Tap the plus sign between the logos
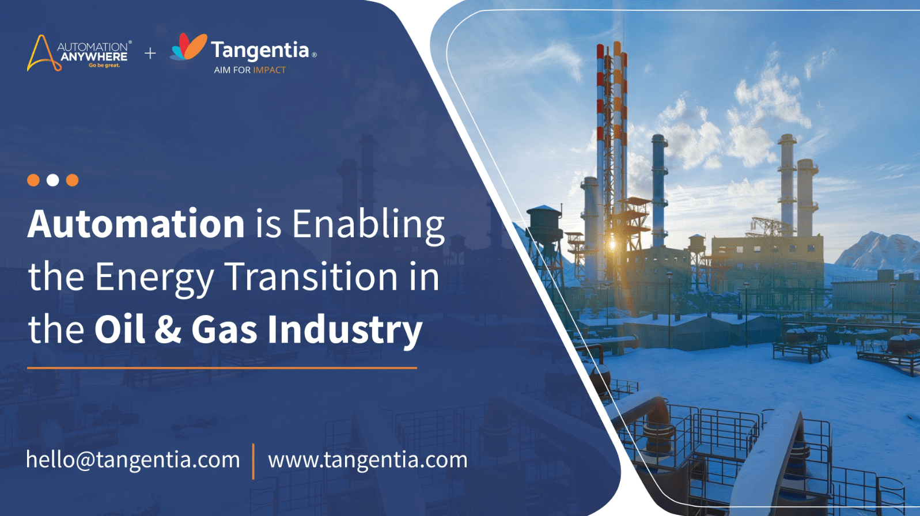click(x=150, y=53)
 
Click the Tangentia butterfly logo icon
click(x=188, y=47)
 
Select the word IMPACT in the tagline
click(x=270, y=70)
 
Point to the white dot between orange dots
click(x=52, y=180)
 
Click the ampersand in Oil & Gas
click(x=168, y=329)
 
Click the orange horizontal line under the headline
click(x=222, y=368)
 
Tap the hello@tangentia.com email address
click(x=133, y=460)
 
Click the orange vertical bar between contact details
click(x=253, y=461)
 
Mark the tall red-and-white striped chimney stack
click(x=600, y=160)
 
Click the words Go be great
click(x=104, y=65)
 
